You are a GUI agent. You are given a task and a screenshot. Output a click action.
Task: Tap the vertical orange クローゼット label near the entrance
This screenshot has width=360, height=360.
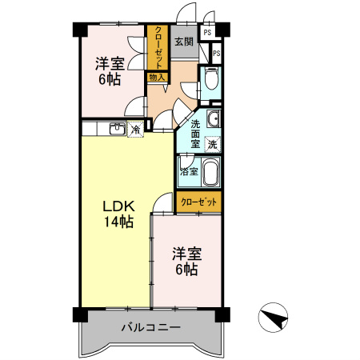pos(158,49)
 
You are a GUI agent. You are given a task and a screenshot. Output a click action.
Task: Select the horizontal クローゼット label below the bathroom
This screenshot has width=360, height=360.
pos(199,203)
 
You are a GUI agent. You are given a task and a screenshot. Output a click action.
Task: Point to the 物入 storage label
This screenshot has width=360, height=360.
pos(157,78)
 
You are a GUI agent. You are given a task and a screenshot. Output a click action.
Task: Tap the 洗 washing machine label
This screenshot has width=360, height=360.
pos(213,145)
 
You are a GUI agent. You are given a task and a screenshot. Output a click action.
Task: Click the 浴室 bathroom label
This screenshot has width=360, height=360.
pos(190,171)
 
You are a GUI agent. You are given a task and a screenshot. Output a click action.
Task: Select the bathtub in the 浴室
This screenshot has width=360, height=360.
pos(210,174)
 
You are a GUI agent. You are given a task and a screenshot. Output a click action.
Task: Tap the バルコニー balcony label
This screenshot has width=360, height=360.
pos(151,327)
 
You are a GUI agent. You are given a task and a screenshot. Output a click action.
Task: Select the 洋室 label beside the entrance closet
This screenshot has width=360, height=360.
pos(110,62)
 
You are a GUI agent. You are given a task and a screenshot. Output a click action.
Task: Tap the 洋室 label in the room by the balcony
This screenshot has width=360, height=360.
pos(187,254)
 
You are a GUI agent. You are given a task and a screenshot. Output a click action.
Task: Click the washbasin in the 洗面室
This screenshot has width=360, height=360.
pos(212,121)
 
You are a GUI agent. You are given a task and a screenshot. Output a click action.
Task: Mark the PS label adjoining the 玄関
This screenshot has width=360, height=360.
pos(208,33)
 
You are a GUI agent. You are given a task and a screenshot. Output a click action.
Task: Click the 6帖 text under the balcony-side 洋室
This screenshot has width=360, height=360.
pos(187,270)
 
